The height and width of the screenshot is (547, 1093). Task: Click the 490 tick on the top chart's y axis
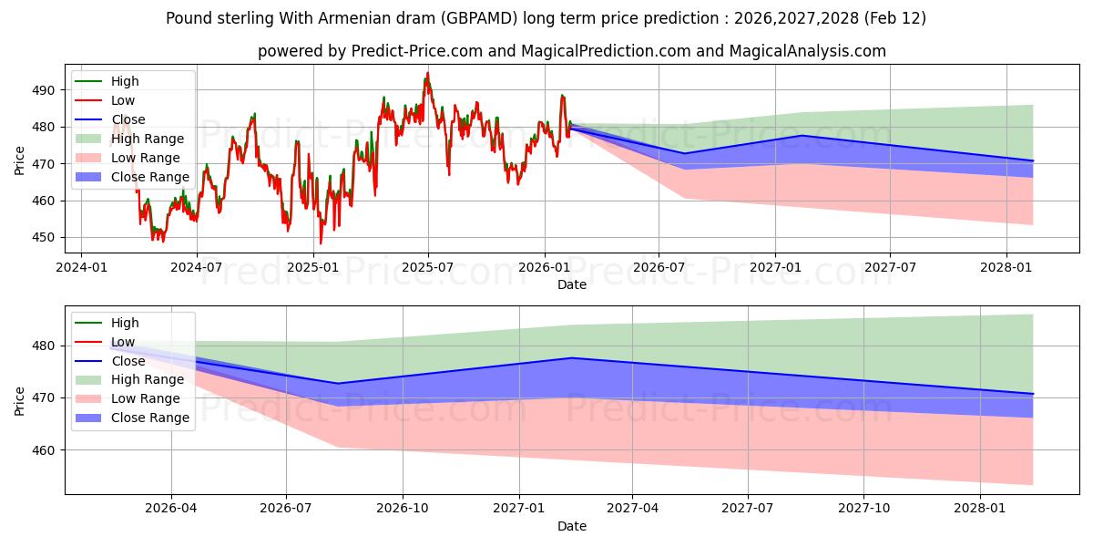click(x=43, y=90)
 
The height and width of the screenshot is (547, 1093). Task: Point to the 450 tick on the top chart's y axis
click(x=43, y=237)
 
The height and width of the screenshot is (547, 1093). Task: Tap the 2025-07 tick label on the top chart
click(x=427, y=267)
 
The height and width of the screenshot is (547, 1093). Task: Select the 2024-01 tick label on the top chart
click(x=81, y=267)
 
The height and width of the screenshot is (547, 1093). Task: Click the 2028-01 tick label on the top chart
click(x=1006, y=267)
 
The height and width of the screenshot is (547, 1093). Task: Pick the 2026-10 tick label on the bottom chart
click(x=402, y=509)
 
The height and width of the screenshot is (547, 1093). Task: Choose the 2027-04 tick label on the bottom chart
click(x=632, y=509)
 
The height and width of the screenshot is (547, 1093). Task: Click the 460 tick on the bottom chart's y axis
click(x=43, y=450)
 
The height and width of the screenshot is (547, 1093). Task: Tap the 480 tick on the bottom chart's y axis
click(x=43, y=346)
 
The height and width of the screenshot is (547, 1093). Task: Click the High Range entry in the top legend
click(x=148, y=139)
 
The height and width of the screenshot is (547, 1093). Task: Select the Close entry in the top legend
click(x=128, y=119)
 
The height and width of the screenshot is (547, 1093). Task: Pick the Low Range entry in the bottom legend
click(x=146, y=398)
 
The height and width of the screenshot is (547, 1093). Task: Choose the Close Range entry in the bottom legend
click(x=150, y=418)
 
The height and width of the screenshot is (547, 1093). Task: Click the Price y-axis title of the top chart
click(x=20, y=160)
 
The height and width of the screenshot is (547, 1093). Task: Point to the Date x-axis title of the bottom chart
click(x=572, y=526)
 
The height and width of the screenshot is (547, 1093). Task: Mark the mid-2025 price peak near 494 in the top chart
click(x=427, y=74)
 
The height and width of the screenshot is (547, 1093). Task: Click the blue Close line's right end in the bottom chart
click(x=1033, y=394)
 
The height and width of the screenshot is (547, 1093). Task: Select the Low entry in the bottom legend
click(x=123, y=342)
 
